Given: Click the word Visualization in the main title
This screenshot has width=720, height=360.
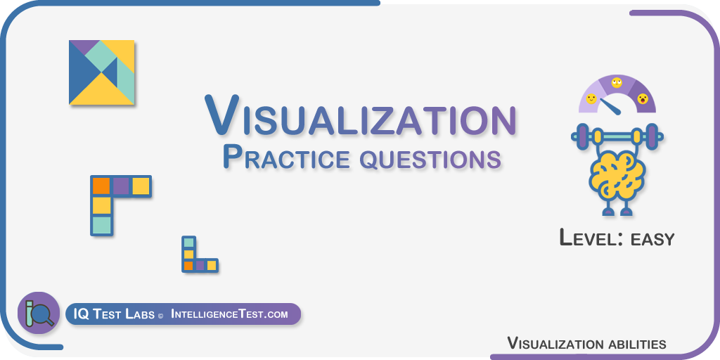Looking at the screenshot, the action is coord(361,115).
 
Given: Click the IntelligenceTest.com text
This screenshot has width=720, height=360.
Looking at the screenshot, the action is coord(229,314).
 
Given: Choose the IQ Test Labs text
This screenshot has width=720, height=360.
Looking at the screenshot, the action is coord(114,314).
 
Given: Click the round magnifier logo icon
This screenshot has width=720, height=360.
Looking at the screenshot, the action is coord(39,313).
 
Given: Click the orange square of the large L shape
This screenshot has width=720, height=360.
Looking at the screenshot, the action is coord(101,186).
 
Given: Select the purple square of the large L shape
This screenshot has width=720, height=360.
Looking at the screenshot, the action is coord(121,186).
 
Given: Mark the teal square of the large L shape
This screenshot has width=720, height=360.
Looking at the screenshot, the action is coord(101,225).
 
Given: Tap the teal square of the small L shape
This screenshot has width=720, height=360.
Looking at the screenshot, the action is coord(188,243).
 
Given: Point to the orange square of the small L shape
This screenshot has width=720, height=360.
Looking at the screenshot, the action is coord(188,265).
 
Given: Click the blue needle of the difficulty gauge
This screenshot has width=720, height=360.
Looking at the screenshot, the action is coord(610,106).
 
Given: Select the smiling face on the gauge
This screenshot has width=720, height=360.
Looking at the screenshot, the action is coord(591,98).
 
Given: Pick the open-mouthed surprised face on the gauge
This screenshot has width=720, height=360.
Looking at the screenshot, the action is coord(643,98).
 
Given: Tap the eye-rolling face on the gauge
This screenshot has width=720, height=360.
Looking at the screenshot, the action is coord(617,83).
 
